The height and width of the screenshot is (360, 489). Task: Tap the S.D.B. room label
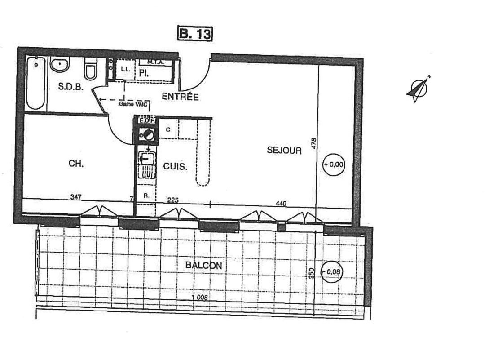(x=71, y=87)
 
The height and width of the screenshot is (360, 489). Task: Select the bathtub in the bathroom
(x=35, y=83)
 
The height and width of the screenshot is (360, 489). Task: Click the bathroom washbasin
(x=59, y=65)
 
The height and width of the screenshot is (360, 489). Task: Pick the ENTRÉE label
(x=180, y=97)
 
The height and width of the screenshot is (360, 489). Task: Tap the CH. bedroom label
(x=76, y=164)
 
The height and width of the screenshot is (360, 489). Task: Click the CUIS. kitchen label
(x=175, y=166)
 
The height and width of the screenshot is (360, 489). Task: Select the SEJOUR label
(x=284, y=151)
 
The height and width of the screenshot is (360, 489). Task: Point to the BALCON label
(x=203, y=265)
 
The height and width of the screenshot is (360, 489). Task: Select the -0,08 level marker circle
(x=332, y=271)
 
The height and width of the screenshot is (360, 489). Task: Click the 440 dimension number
(x=281, y=204)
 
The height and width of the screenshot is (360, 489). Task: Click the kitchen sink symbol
(x=146, y=159)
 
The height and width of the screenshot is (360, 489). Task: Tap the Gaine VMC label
(x=133, y=104)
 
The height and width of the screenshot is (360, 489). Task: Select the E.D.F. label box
(x=145, y=120)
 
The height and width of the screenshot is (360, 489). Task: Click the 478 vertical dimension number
(x=314, y=143)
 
